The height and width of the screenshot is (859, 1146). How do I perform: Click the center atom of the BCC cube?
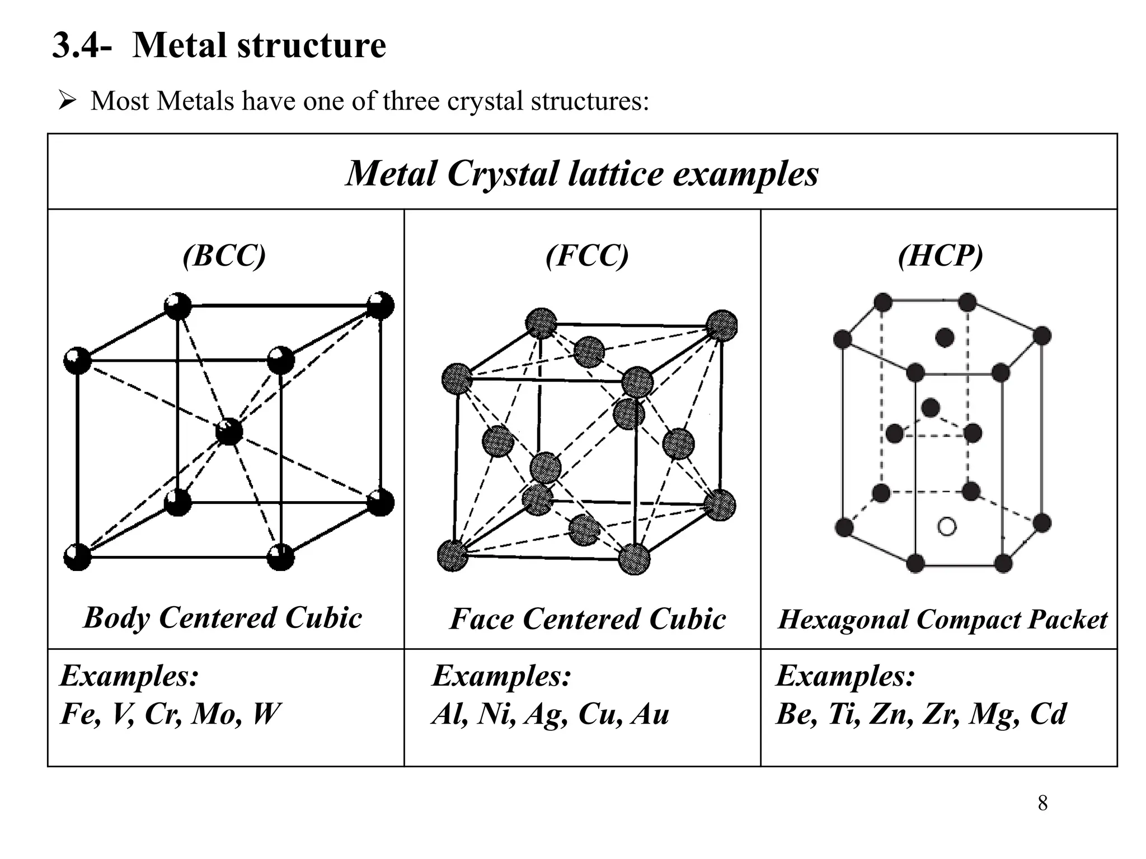229,432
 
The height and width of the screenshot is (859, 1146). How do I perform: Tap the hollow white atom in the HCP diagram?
946,526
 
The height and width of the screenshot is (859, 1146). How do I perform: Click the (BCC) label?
224,256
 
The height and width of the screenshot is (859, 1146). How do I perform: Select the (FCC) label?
587,256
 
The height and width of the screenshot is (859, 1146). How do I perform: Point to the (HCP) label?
940,256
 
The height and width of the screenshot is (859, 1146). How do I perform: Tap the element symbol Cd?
1048,714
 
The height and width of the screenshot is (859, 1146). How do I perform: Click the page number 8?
1042,803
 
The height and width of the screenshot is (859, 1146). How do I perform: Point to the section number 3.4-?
82,45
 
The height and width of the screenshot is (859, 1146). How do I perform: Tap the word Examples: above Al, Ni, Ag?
501,676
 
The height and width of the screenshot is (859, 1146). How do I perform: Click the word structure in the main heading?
312,45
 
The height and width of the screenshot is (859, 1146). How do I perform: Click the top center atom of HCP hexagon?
945,338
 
